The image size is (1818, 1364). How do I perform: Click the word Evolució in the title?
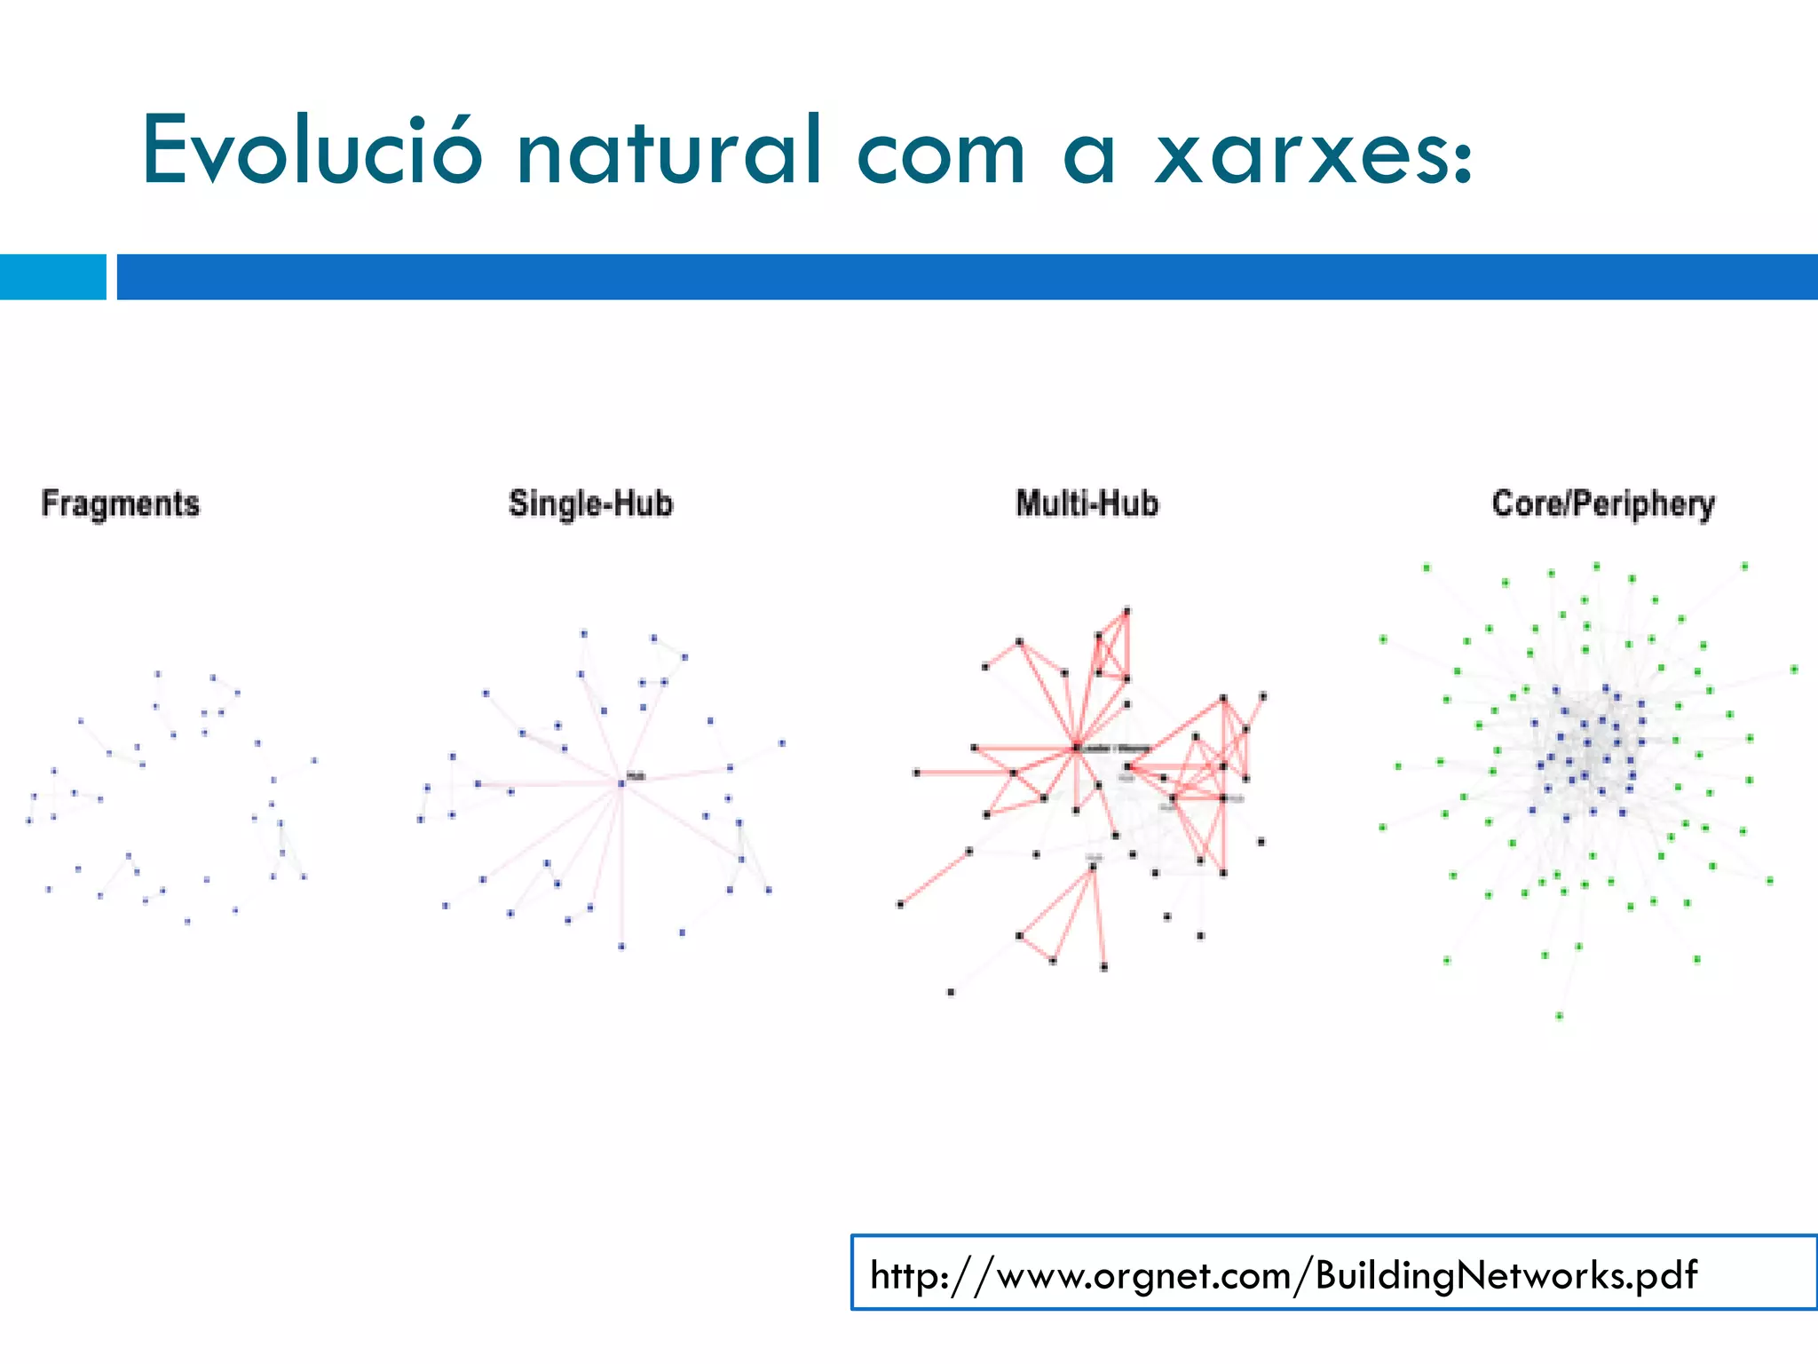pyautogui.click(x=312, y=151)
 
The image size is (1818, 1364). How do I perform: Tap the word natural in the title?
pyautogui.click(x=669, y=151)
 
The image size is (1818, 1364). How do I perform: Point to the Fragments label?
pyautogui.click(x=121, y=504)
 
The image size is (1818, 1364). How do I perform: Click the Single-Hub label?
pyautogui.click(x=590, y=504)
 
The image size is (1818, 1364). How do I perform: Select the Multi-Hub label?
pyautogui.click(x=1087, y=504)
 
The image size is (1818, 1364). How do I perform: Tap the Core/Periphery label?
pyautogui.click(x=1603, y=504)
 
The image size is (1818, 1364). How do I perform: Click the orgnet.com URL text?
pyautogui.click(x=1283, y=1274)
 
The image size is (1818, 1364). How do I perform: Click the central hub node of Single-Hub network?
pyautogui.click(x=621, y=782)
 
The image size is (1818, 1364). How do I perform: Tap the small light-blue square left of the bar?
pyautogui.click(x=52, y=276)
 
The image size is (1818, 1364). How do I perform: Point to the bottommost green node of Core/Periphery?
pyautogui.click(x=1559, y=1016)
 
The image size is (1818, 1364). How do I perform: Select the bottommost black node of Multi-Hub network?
pyautogui.click(x=951, y=992)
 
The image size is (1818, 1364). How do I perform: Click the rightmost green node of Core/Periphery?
pyautogui.click(x=1794, y=669)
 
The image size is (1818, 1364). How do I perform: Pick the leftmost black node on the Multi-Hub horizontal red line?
pyautogui.click(x=917, y=773)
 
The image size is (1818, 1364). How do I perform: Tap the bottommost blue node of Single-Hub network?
pyautogui.click(x=621, y=947)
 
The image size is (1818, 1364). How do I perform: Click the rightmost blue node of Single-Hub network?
pyautogui.click(x=782, y=743)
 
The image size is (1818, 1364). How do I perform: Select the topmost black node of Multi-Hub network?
pyautogui.click(x=1127, y=610)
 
